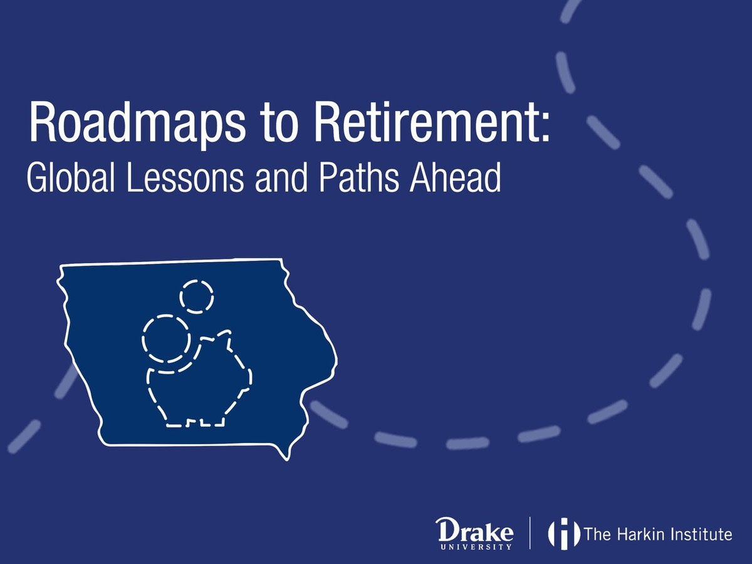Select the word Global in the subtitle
(71, 178)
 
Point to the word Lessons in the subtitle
(185, 178)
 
